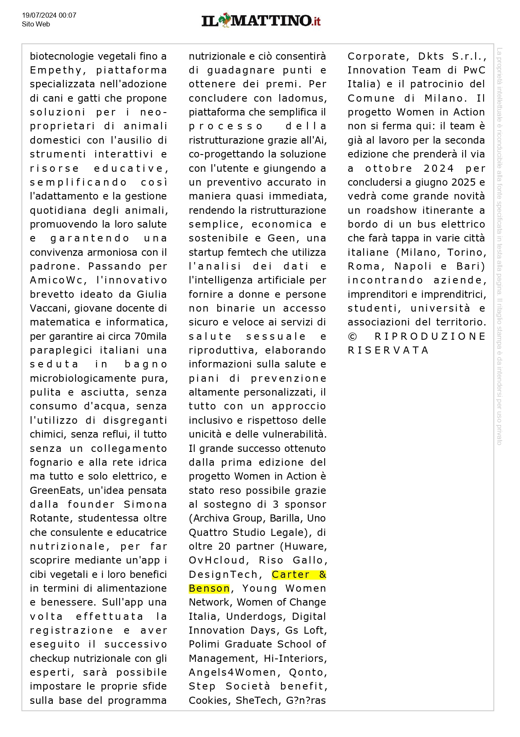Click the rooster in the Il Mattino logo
tap(224, 20)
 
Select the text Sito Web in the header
tap(36, 24)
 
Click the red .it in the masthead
tap(316, 21)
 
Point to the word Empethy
tap(56, 70)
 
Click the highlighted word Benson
tap(209, 588)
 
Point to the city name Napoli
tap(413, 266)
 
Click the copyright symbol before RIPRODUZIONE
tap(352, 336)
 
